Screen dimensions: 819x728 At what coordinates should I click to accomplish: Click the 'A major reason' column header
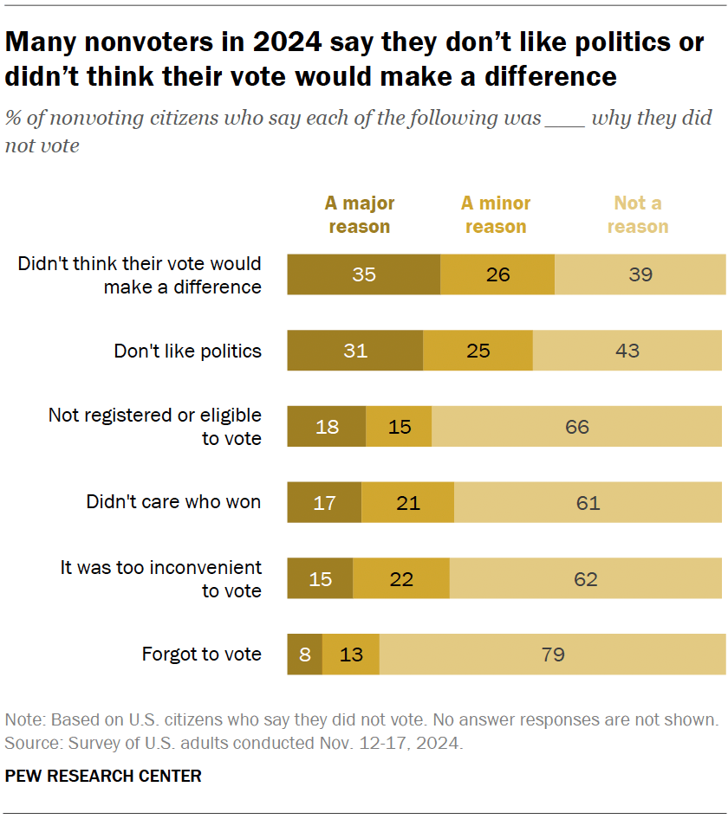coord(359,215)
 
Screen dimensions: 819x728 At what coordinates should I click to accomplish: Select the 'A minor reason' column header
coord(496,215)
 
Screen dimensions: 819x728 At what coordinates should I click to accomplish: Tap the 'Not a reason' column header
coord(638,215)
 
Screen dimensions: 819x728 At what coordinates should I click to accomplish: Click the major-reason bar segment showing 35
coord(364,274)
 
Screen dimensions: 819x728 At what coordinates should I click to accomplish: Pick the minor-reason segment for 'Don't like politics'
coord(478,351)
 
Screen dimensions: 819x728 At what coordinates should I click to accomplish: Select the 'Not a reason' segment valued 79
coord(552,654)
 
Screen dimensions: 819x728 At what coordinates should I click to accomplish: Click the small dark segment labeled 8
coord(305,654)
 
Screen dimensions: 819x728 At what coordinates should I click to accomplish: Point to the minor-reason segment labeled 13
coord(351,654)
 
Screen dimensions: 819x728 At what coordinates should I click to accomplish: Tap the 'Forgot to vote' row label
coord(201,654)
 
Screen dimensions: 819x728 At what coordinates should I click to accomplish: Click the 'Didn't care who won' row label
coord(173,502)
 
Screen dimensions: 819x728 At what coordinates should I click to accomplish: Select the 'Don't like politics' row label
coord(187,351)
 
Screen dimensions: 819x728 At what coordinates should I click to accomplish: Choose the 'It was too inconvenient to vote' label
coord(160,578)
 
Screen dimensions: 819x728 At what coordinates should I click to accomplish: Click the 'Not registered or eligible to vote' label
coord(154,427)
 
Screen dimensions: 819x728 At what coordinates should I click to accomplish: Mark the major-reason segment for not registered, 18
coord(327,427)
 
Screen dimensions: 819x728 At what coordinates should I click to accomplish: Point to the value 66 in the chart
coord(577,427)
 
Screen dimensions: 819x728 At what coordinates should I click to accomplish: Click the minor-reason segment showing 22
coord(401,578)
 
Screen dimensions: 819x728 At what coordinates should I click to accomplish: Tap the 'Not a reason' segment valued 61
coord(588,502)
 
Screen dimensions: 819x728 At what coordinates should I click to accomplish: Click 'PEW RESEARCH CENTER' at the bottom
coord(103,776)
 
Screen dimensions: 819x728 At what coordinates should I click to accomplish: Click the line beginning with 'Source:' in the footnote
coord(233,743)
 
